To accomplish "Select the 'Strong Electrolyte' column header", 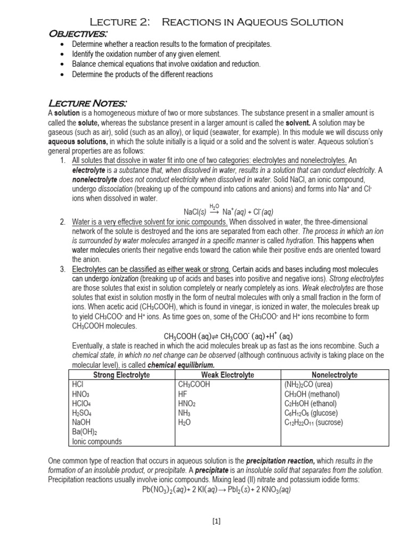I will [x=121, y=375].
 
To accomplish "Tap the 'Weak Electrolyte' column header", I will [x=227, y=375].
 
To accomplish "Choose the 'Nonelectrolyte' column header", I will [x=334, y=375].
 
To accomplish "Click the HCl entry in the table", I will [x=77, y=384].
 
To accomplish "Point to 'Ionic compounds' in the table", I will [x=96, y=441].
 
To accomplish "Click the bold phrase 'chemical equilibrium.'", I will [x=181, y=365].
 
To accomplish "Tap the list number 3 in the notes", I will [x=63, y=269].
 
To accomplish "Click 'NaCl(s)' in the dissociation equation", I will [x=195, y=211].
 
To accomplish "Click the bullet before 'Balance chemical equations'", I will [x=64, y=64].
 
